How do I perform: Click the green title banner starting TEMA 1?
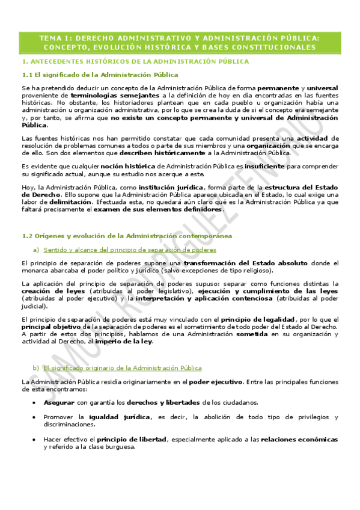pyautogui.click(x=180, y=42)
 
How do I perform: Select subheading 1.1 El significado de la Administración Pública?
pyautogui.click(x=99, y=75)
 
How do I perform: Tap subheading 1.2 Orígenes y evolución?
pyautogui.click(x=126, y=236)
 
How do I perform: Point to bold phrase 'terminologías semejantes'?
pyautogui.click(x=115, y=95)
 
